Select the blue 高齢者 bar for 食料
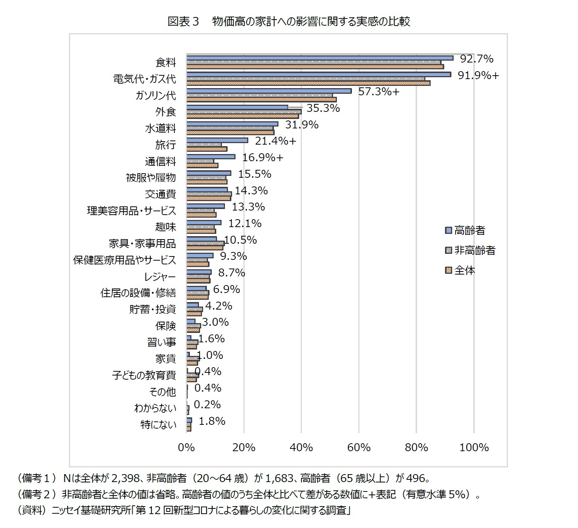[x=320, y=58]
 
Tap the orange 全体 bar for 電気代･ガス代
[x=308, y=83]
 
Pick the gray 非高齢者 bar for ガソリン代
[x=260, y=95]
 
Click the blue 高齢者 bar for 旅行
[x=217, y=140]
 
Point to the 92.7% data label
[x=477, y=59]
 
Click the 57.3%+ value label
[x=378, y=92]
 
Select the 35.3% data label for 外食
[x=323, y=108]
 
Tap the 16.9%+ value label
[x=262, y=157]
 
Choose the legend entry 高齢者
[x=469, y=230]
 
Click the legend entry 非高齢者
[x=474, y=250]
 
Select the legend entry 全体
[x=464, y=270]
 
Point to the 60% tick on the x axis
[x=359, y=447]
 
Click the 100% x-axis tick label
[x=474, y=447]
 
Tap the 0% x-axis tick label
[x=187, y=447]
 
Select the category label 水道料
[x=161, y=128]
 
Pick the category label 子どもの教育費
[x=144, y=375]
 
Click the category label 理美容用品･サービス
[x=132, y=211]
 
